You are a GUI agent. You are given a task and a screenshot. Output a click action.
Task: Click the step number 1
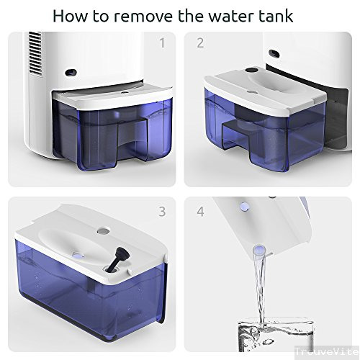[163, 43]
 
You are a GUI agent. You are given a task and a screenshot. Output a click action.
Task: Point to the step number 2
[200, 43]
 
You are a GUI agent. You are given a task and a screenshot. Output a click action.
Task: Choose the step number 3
[163, 212]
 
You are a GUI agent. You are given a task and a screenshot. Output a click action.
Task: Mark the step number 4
[200, 212]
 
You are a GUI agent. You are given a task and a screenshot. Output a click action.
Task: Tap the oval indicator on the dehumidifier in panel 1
[71, 72]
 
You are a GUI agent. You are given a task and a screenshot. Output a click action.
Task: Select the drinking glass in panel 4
[276, 334]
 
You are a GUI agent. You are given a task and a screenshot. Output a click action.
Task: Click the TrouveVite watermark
[327, 352]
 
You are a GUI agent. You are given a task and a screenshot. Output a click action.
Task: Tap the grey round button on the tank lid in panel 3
[104, 231]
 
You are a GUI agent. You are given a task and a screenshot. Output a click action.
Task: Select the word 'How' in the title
[71, 16]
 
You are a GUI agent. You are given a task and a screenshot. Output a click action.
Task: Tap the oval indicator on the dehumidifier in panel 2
[274, 53]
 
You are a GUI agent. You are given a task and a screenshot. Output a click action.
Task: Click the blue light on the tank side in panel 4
[244, 206]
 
